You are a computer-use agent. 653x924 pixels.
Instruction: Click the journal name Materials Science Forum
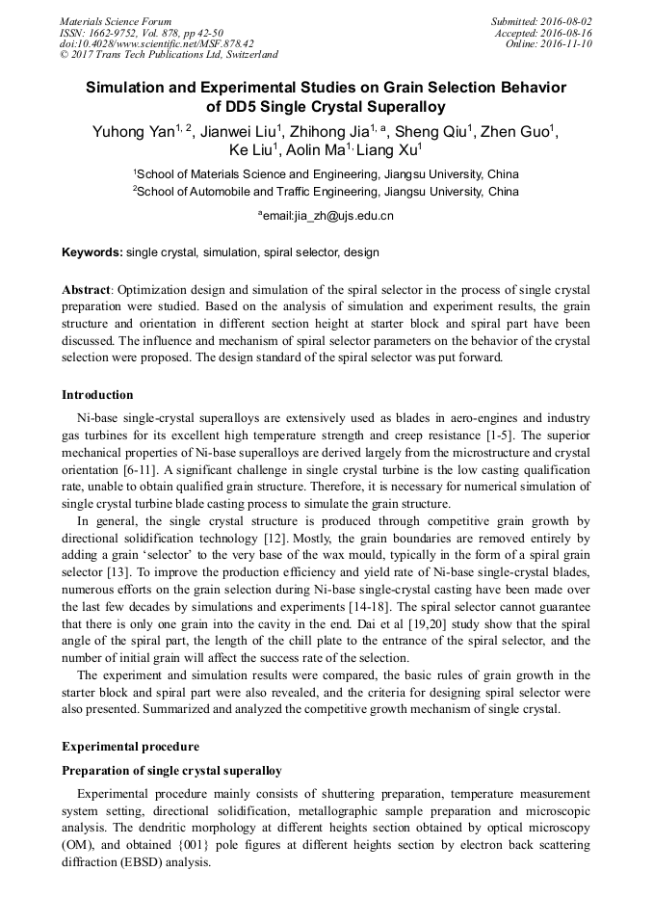[116, 21]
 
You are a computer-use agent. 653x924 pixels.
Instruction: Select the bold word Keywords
[91, 252]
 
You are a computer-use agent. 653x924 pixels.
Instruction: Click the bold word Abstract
[86, 290]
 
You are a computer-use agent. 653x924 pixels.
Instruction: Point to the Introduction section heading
[97, 395]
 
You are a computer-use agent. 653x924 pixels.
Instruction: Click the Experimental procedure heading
[130, 747]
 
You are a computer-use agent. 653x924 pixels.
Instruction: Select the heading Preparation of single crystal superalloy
[171, 770]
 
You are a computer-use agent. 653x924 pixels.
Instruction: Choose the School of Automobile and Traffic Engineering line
[326, 192]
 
